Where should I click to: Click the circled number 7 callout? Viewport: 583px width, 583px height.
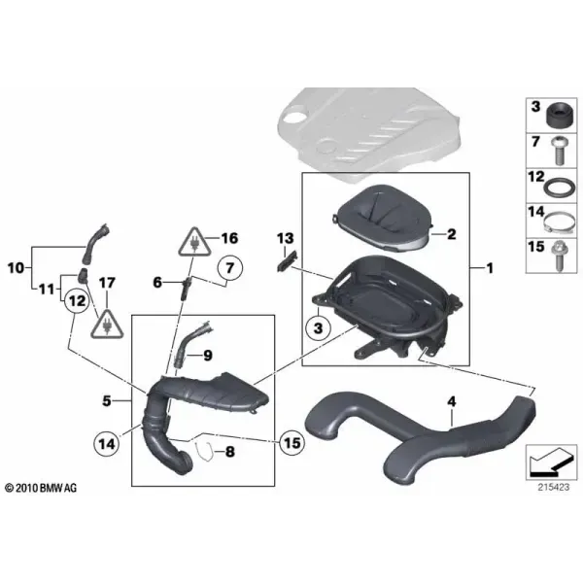[230, 268]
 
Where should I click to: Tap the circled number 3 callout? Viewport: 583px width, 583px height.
[318, 328]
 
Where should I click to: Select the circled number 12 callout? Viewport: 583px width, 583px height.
[77, 300]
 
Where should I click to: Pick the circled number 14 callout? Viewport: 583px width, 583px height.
[107, 443]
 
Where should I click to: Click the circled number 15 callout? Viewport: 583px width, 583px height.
[291, 443]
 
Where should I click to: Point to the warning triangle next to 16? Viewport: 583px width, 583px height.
[194, 242]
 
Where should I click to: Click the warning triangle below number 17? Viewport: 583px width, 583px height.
[107, 324]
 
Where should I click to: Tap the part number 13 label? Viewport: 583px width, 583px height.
[285, 238]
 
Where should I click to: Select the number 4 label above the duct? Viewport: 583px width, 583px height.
[452, 401]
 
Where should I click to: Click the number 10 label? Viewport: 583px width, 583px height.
[16, 268]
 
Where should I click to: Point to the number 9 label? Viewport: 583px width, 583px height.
[208, 356]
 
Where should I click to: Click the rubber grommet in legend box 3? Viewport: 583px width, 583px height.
[560, 116]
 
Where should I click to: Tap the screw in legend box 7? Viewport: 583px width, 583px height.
[558, 151]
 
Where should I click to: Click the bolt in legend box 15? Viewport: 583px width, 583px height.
[559, 257]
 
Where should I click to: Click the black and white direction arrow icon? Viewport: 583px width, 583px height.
[551, 463]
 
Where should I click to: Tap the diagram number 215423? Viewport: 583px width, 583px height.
[553, 487]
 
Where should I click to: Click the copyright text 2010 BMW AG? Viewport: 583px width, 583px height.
[41, 488]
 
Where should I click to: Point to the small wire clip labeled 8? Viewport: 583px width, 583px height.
[204, 452]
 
